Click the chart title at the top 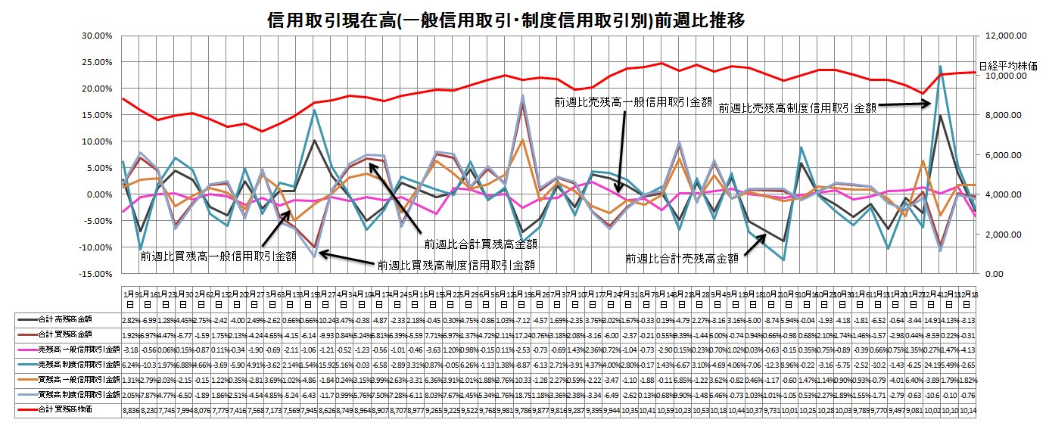(x=506, y=20)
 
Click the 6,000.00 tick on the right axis (x=1004, y=154)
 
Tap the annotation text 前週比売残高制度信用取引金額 (x=797, y=108)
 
